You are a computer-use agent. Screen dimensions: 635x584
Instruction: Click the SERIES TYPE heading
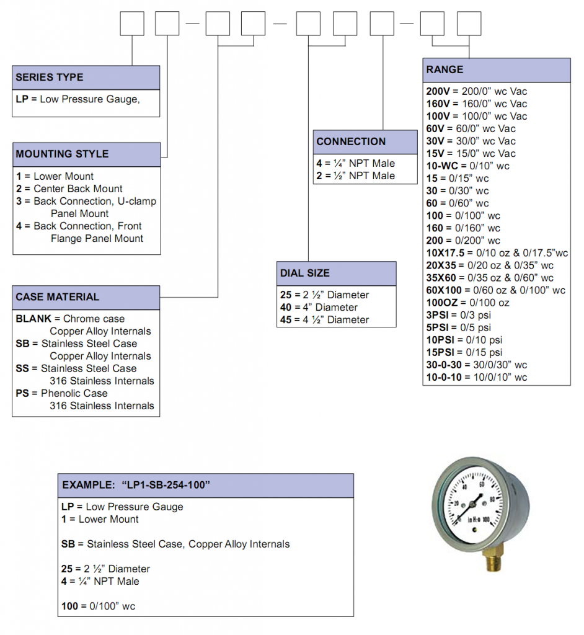[x=50, y=78]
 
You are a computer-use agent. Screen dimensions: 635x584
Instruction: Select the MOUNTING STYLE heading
[x=62, y=154]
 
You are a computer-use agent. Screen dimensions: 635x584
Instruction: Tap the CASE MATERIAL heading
[x=57, y=297]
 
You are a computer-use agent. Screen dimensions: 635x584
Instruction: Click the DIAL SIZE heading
[x=305, y=273]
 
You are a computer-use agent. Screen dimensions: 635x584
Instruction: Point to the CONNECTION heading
[x=351, y=141]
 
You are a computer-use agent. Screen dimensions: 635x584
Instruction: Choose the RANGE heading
[x=445, y=69]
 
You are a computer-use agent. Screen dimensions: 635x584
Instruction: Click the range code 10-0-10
[x=444, y=377]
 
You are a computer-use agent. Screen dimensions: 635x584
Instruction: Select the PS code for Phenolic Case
[x=22, y=393]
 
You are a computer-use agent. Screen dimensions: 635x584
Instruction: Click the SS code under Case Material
[x=22, y=368]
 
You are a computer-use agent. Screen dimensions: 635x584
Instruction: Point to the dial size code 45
[x=286, y=320]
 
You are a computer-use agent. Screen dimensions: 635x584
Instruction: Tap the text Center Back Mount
[x=78, y=189]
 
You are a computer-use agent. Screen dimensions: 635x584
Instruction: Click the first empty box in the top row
[x=131, y=24]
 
